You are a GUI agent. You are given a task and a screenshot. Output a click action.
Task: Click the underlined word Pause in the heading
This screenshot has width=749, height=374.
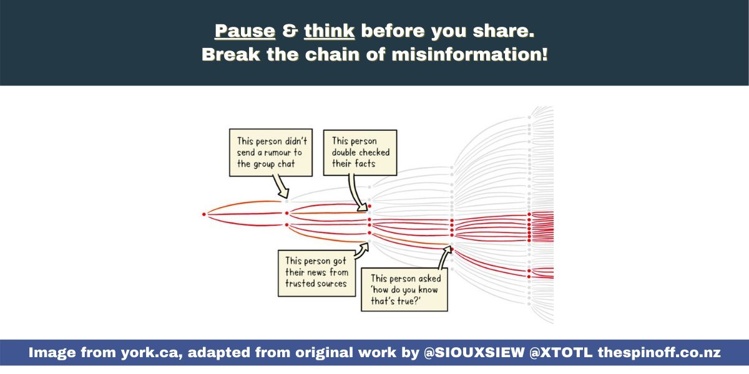[x=245, y=31]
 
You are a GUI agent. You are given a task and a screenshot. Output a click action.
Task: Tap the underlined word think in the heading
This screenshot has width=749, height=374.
[x=329, y=31]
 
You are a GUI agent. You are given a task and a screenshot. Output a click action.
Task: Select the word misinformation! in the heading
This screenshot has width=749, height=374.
[x=470, y=54]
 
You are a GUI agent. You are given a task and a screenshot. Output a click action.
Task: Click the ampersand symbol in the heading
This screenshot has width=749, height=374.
[x=290, y=31]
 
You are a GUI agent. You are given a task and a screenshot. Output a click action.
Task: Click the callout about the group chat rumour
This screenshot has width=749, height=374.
[x=271, y=153]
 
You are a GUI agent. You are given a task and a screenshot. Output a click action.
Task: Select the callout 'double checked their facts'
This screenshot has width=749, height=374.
[x=360, y=153]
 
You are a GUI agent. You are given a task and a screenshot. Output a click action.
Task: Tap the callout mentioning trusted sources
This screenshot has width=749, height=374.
[x=316, y=273]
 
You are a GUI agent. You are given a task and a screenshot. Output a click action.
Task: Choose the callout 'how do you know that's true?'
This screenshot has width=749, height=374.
[x=404, y=289]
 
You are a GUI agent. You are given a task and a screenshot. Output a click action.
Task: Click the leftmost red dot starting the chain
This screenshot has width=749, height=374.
[x=204, y=214]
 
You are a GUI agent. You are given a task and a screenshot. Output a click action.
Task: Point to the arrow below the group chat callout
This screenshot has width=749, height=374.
[x=281, y=186]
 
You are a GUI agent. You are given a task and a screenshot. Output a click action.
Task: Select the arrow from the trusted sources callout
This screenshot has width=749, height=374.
[x=362, y=251]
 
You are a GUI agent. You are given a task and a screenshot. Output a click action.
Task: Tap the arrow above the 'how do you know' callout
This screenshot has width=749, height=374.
[x=444, y=257]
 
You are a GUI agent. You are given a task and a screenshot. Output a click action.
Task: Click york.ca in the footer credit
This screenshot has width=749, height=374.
[x=152, y=353]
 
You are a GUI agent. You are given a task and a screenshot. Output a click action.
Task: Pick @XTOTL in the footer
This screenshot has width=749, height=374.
[x=561, y=353]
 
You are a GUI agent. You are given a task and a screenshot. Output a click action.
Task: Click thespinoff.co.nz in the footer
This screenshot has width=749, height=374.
[x=659, y=353]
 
